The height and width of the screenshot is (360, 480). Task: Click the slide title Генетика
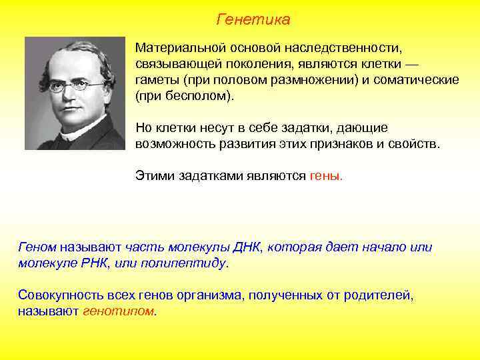pyautogui.click(x=253, y=20)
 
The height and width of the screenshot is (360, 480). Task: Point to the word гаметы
pyautogui.click(x=155, y=80)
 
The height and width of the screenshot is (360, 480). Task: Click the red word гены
pyautogui.click(x=326, y=176)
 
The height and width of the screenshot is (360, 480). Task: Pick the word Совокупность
pyautogui.click(x=60, y=295)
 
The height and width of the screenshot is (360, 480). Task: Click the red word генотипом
pyautogui.click(x=119, y=311)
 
